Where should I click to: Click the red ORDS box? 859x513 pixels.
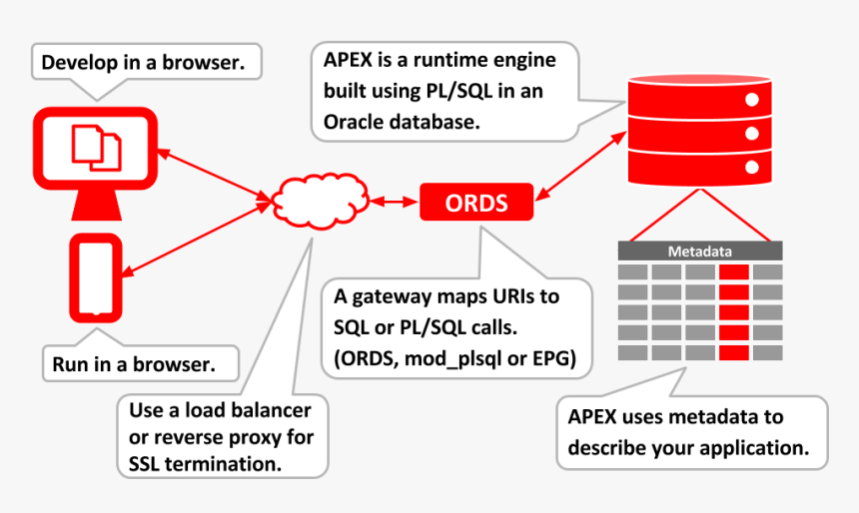pos(476,202)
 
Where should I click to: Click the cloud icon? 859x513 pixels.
pos(321,201)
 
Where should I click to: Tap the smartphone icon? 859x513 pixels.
pos(96,278)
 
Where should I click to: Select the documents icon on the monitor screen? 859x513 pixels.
pos(97,148)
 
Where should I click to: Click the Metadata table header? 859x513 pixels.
pos(700,252)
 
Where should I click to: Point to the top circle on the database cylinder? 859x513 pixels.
pos(751,100)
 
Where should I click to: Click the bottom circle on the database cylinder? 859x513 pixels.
pos(751,167)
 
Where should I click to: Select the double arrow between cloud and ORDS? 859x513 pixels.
pos(395,202)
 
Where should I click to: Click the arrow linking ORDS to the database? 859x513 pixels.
pos(580,166)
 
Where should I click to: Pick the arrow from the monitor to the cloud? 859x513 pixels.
pos(214,176)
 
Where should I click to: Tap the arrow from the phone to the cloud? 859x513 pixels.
pos(197,239)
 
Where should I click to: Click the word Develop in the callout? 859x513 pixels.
pos(80,63)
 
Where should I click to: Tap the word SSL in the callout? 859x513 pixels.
pos(144,464)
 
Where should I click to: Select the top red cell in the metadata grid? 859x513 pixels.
pos(734,272)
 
